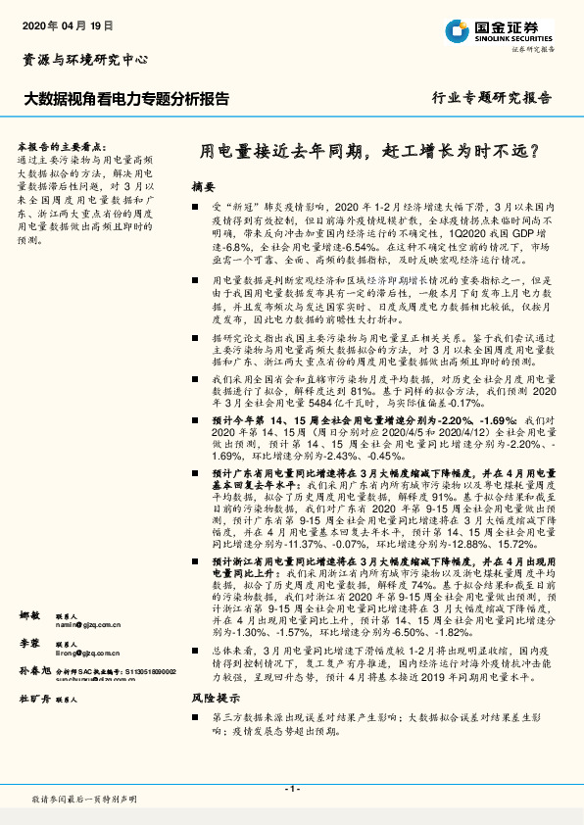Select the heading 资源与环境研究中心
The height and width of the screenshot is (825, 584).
(84, 60)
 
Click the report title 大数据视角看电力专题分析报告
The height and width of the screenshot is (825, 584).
(126, 98)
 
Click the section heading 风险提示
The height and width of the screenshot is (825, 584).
(215, 699)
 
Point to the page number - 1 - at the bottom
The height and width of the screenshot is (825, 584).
(291, 790)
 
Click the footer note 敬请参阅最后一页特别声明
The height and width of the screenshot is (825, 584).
(84, 801)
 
